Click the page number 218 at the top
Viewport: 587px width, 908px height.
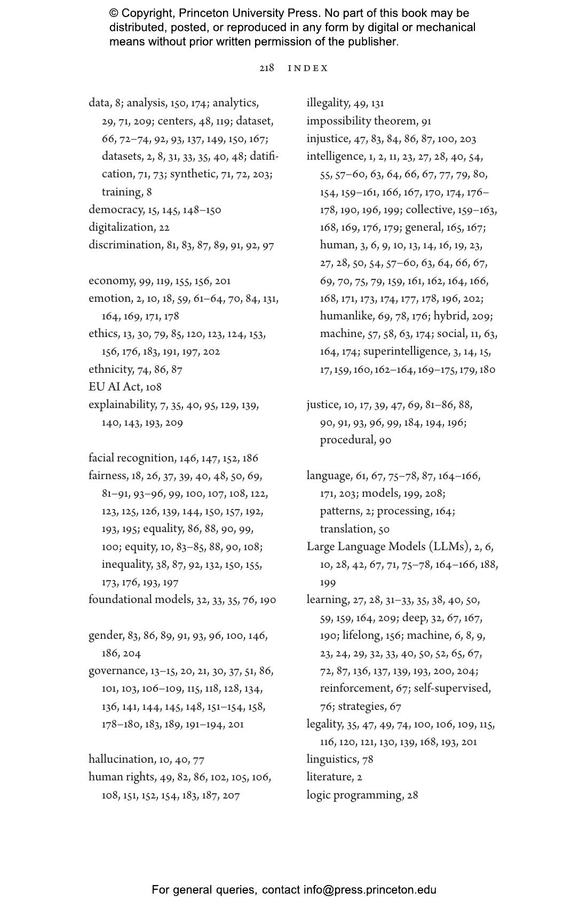click(266, 68)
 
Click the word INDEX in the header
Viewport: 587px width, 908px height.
click(308, 68)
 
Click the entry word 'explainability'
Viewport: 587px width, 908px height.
click(122, 405)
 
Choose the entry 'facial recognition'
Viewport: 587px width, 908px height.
click(131, 458)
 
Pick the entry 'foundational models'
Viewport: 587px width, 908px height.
click(140, 600)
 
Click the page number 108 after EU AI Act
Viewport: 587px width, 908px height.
click(153, 387)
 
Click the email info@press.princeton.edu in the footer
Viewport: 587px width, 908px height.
click(370, 890)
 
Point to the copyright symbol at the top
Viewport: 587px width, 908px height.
click(114, 13)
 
